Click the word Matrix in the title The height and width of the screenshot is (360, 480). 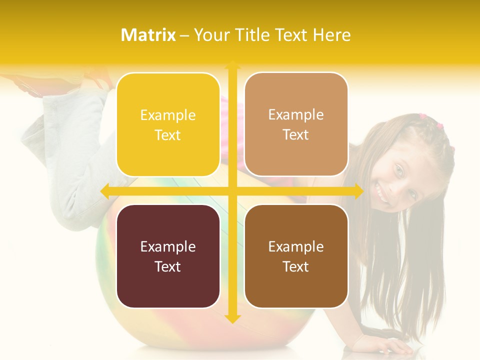(148, 35)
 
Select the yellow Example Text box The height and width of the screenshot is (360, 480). (168, 124)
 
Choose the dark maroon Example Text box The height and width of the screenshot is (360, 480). (168, 256)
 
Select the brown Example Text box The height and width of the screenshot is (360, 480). (296, 256)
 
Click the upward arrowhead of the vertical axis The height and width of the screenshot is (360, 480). (232, 65)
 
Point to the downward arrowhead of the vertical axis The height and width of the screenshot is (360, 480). (232, 318)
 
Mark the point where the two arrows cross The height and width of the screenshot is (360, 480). (232, 191)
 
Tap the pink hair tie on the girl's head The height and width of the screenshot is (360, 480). (439, 125)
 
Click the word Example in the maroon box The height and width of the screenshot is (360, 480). (168, 246)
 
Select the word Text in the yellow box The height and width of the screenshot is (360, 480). (168, 135)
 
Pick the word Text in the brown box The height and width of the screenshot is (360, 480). (296, 266)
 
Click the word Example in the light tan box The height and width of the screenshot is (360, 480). (296, 114)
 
